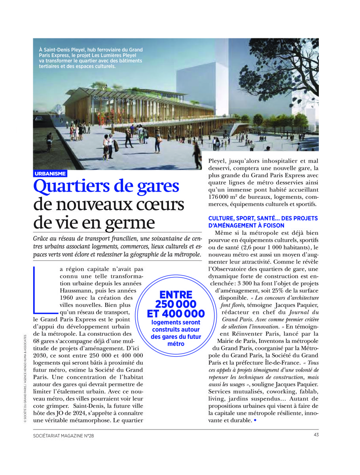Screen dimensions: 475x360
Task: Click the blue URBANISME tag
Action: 50,174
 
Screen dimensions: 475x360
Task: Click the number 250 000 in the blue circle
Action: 176,304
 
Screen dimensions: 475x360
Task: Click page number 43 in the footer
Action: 316,435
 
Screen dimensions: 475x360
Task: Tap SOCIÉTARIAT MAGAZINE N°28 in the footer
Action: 64,435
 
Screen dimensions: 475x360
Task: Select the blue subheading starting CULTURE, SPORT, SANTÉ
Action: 263,222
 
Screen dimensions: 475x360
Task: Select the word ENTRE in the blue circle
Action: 176,294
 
